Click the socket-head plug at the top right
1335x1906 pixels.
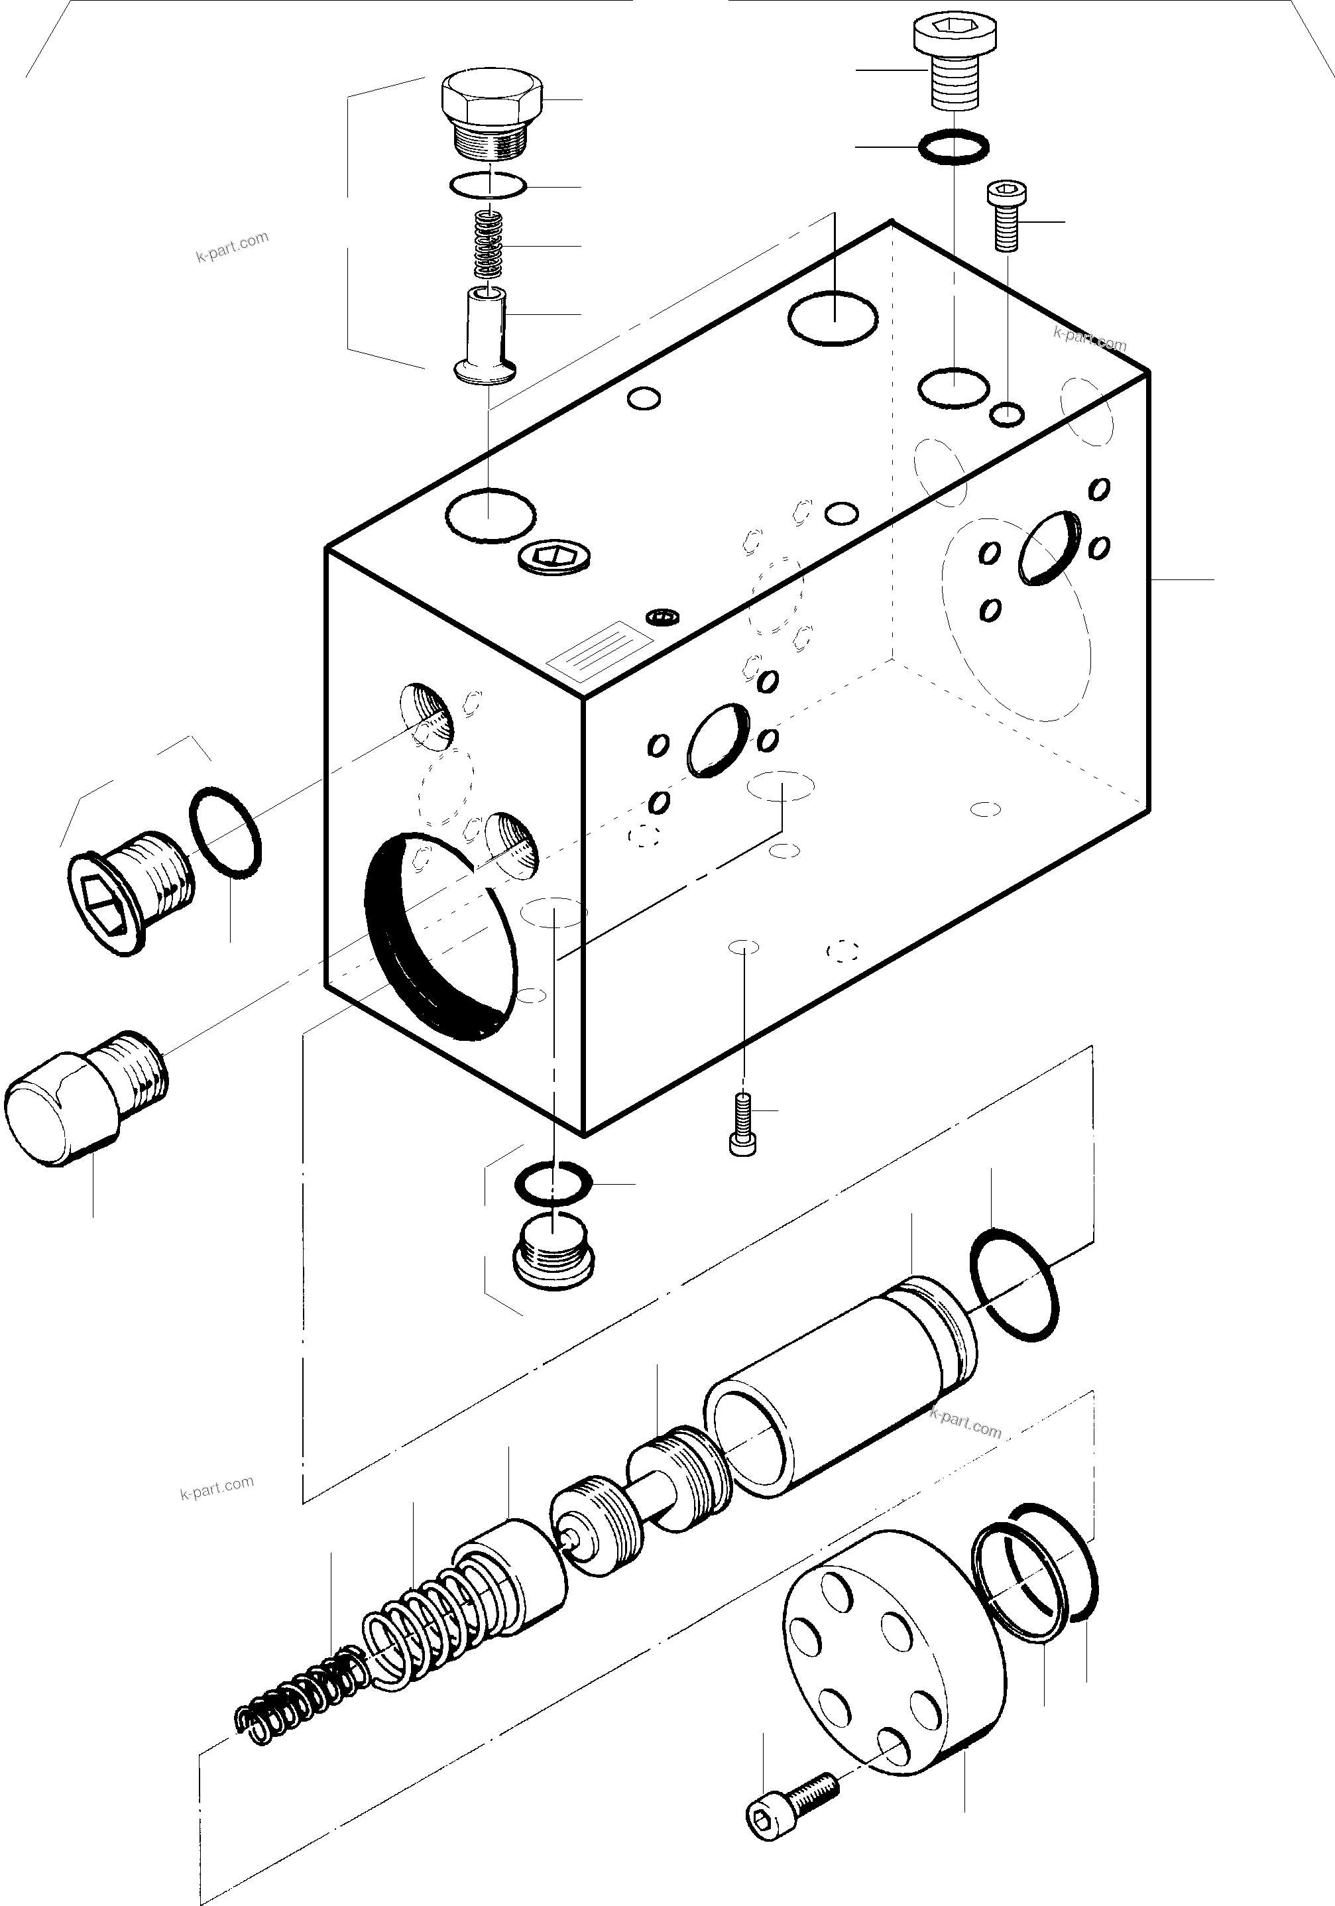click(954, 63)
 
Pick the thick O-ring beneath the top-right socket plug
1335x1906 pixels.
click(954, 148)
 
